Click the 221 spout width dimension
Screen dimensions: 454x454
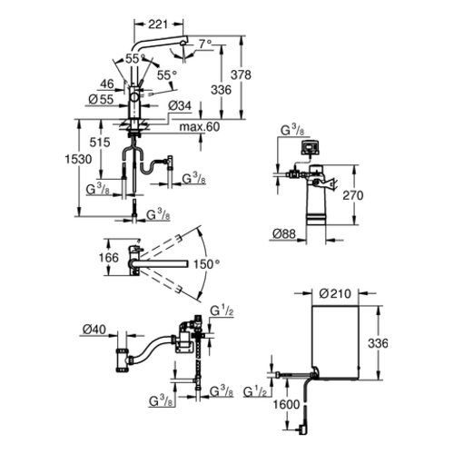pyautogui.click(x=158, y=25)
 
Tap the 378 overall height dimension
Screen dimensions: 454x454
pyautogui.click(x=241, y=74)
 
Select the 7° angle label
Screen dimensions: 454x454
pyautogui.click(x=205, y=44)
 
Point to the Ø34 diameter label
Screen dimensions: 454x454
pyautogui.click(x=180, y=105)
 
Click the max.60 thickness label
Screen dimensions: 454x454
pyautogui.click(x=200, y=127)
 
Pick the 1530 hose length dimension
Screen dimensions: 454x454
pyautogui.click(x=78, y=159)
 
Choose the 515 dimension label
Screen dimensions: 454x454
pyautogui.click(x=100, y=143)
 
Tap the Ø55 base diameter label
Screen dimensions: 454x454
pyautogui.click(x=101, y=99)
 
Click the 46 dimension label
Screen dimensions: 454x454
pyautogui.click(x=107, y=84)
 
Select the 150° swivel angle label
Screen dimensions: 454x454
pyautogui.click(x=206, y=264)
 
